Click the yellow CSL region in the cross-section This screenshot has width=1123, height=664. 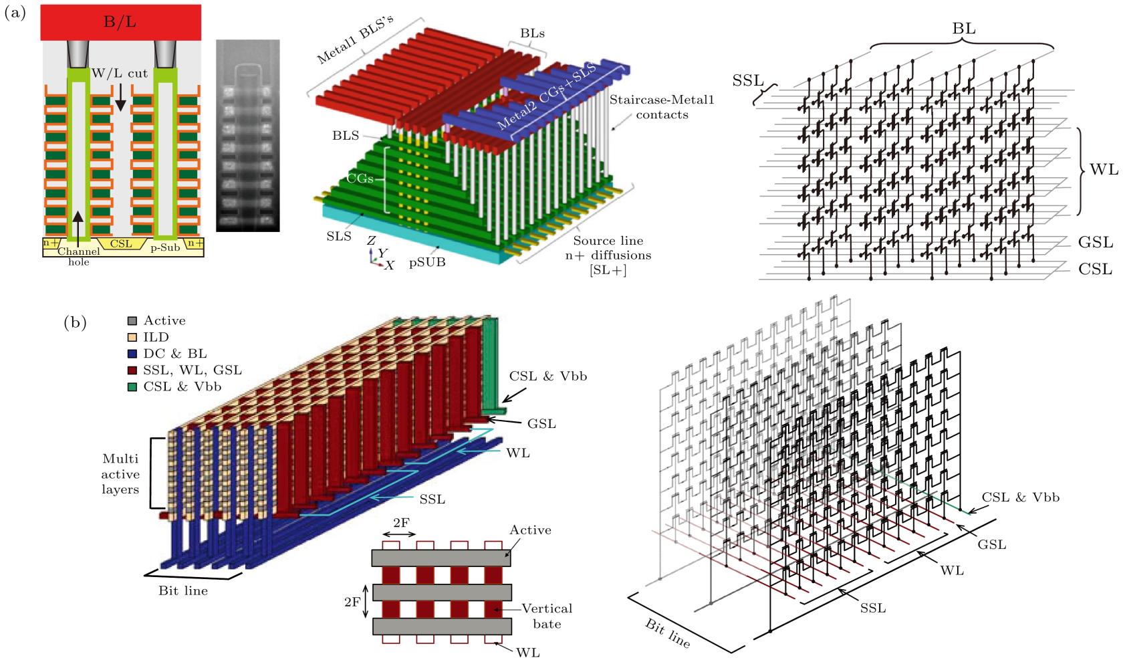click(x=121, y=243)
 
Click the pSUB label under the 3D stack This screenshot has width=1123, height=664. click(x=428, y=263)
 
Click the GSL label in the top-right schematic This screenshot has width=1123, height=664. click(x=1095, y=242)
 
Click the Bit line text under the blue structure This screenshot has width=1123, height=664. click(x=182, y=590)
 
